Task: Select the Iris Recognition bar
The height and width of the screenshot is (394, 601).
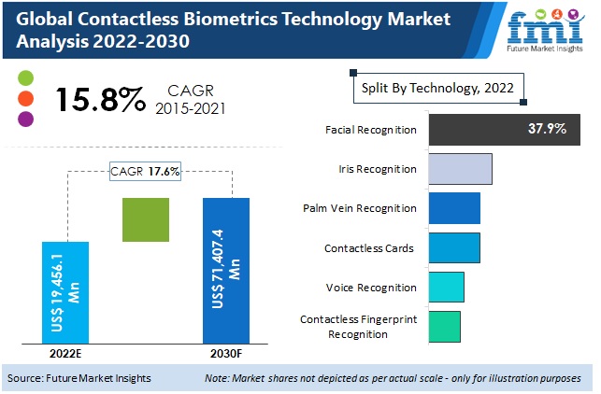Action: coord(460,169)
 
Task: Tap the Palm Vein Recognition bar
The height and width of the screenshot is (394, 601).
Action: coord(454,208)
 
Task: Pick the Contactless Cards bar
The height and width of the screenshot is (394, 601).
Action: coord(454,248)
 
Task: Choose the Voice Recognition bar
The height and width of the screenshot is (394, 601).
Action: coord(446,288)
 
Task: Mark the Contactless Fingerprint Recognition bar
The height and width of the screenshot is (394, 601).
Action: coord(444,326)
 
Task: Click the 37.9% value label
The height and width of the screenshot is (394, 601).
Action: coord(547,129)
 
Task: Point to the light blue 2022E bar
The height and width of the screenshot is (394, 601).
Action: coord(65,292)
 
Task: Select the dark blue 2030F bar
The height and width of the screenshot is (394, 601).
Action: coord(226,270)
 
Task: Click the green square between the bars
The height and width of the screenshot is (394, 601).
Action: coord(146,220)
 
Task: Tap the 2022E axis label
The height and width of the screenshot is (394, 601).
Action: coord(64,354)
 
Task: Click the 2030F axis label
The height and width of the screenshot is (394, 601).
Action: coord(225,354)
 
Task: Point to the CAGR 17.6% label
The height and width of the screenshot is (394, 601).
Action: coord(145,171)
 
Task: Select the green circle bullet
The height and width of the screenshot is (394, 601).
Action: coord(25,77)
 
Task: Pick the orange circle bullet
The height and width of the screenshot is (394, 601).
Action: coord(25,98)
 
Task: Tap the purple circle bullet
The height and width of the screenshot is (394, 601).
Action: coord(25,119)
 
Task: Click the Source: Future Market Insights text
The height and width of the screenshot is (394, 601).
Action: coord(79,378)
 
